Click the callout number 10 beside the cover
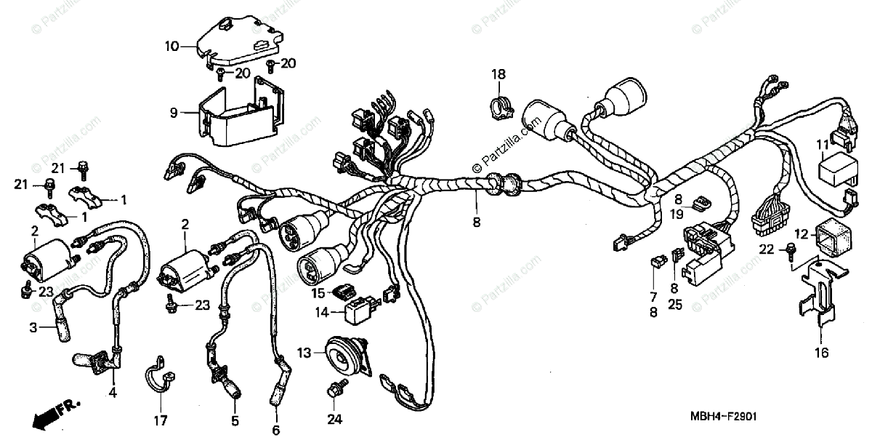171,47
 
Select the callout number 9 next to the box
173,113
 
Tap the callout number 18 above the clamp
498,74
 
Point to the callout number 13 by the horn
304,353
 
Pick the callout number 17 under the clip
160,420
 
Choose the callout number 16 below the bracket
820,354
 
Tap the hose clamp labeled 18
499,106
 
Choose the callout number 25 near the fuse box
676,305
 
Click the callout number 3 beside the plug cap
33,328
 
